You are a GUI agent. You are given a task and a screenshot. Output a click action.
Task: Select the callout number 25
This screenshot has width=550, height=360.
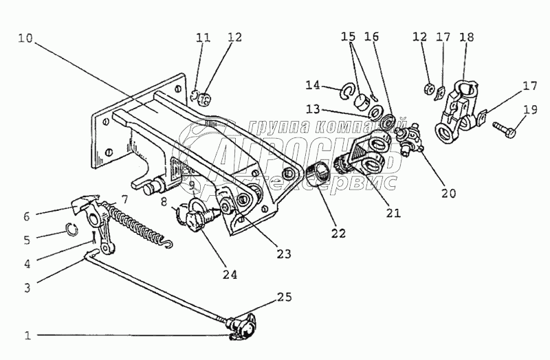pyautogui.click(x=284, y=297)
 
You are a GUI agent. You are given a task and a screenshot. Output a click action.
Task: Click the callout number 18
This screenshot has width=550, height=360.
pyautogui.click(x=467, y=37)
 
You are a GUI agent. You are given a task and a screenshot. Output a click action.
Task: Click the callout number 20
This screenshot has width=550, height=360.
pyautogui.click(x=449, y=193)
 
